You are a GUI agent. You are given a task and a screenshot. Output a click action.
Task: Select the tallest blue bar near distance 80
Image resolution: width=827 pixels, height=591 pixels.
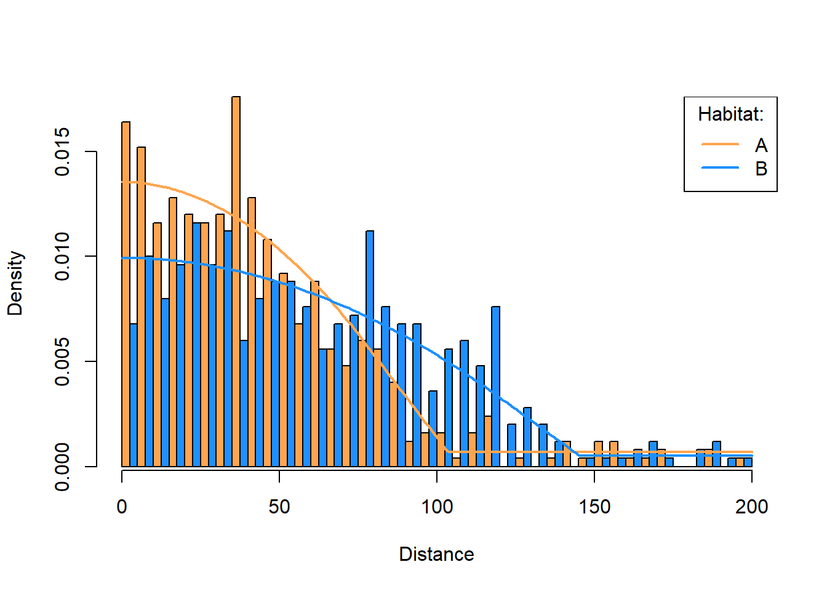[370, 348]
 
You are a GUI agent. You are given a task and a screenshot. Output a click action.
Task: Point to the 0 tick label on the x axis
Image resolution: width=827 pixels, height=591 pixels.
[122, 507]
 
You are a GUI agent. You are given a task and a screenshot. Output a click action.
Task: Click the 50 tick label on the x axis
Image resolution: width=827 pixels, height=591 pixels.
[279, 507]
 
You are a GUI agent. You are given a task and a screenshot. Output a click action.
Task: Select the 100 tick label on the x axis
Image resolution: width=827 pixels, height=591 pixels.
[437, 507]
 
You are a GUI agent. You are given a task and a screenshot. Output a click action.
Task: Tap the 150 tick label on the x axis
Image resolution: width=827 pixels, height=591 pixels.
[594, 507]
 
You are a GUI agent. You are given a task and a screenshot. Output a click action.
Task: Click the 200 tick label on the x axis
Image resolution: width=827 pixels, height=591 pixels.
[752, 507]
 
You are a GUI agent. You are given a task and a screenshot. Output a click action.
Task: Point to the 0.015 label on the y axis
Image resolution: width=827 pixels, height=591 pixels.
[62, 151]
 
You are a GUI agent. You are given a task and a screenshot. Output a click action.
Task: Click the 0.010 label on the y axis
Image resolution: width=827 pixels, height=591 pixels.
[62, 257]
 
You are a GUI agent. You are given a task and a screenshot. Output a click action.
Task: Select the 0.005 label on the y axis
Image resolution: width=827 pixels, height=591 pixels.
[62, 361]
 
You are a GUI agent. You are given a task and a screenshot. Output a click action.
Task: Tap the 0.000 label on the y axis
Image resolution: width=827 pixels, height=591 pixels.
[62, 467]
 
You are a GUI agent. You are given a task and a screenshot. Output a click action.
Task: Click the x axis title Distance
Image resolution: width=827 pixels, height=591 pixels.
[436, 554]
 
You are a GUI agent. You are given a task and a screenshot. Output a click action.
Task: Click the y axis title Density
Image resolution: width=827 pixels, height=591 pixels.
[15, 283]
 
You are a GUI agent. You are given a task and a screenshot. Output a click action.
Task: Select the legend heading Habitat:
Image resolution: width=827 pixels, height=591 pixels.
[730, 114]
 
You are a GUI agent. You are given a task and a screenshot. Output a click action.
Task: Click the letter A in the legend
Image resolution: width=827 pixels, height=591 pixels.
[761, 145]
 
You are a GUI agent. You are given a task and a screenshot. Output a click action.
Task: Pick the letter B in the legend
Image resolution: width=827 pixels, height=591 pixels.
[761, 168]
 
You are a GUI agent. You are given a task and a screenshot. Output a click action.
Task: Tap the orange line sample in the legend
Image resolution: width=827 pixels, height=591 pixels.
[720, 144]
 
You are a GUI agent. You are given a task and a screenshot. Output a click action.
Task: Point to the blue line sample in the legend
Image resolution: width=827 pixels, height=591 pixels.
[720, 167]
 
